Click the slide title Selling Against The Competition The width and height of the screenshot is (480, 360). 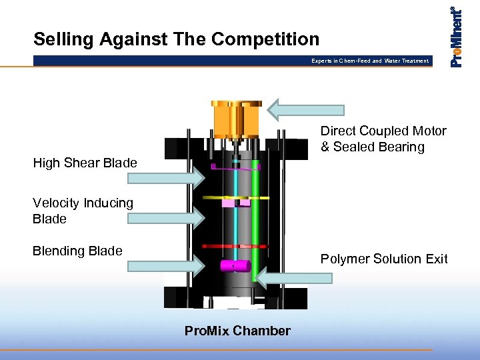[177, 39]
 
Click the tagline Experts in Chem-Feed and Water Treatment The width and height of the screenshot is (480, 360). [370, 61]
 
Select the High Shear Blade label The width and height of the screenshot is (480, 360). [85, 163]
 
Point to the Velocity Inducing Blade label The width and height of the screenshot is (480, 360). [83, 211]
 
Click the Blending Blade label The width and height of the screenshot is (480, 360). [77, 251]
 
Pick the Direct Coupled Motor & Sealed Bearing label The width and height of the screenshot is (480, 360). [383, 139]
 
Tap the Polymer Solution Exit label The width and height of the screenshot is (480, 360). [384, 259]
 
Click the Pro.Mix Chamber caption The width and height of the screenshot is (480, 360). [237, 331]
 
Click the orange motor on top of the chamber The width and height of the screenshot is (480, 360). [236, 118]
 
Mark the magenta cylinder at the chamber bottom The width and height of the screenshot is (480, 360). [234, 265]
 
